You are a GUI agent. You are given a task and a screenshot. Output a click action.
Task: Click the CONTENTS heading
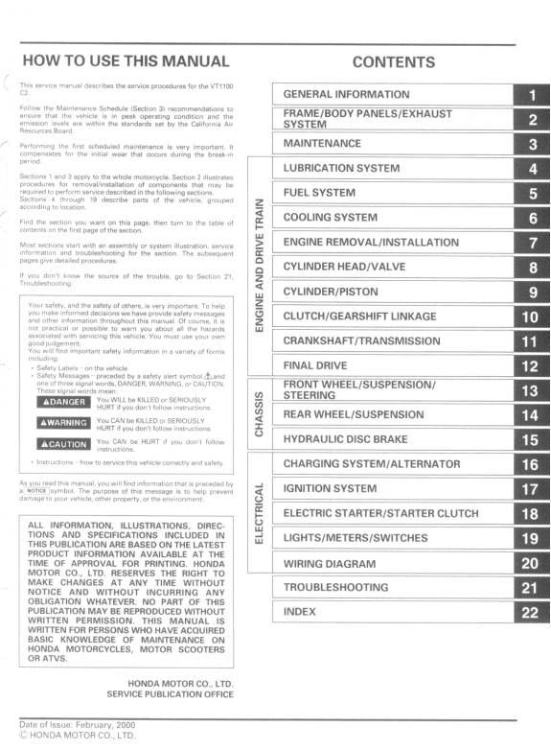(393, 63)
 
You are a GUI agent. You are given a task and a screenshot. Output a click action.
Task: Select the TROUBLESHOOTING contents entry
(336, 586)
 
